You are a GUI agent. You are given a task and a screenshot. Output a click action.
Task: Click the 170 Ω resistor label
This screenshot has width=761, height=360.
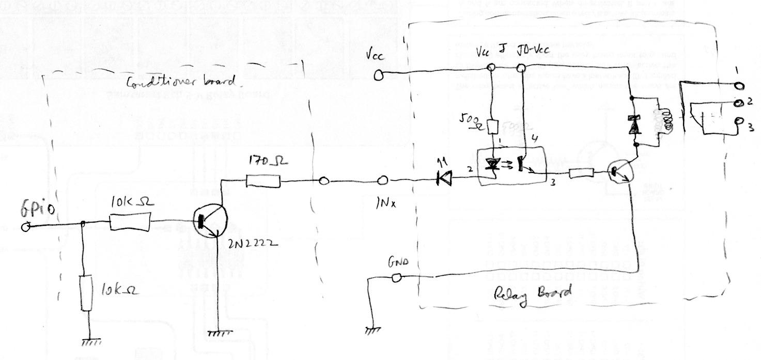(x=267, y=161)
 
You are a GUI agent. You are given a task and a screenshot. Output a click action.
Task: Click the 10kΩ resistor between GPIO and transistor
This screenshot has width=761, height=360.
(x=131, y=224)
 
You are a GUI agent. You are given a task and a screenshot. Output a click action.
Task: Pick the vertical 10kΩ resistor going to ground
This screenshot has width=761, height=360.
(x=85, y=293)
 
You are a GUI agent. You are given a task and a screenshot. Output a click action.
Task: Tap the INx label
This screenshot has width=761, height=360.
(x=386, y=204)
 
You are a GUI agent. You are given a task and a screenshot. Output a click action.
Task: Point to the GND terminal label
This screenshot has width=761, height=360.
(x=398, y=263)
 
